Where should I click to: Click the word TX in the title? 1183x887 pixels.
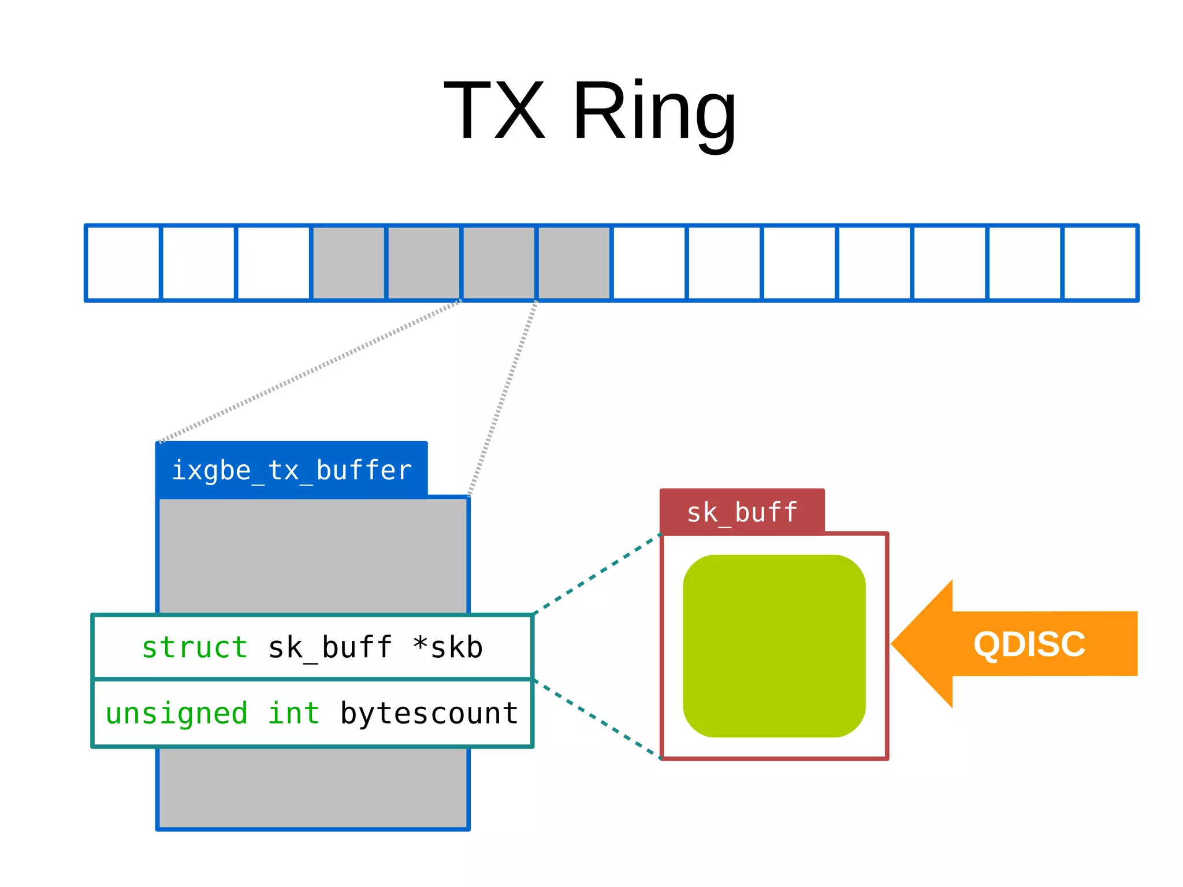click(x=494, y=111)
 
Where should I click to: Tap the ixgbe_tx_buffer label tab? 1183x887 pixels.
click(x=292, y=470)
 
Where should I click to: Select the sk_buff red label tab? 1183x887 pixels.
click(x=742, y=512)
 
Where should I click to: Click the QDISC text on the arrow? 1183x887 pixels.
click(x=1029, y=644)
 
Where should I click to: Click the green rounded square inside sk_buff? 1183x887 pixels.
click(x=774, y=646)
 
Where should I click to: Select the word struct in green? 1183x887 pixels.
click(x=195, y=647)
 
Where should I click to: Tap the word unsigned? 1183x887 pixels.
click(x=176, y=713)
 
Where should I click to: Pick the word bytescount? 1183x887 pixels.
click(x=429, y=713)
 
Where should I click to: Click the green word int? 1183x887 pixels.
click(x=293, y=713)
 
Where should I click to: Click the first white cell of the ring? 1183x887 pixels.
click(x=123, y=263)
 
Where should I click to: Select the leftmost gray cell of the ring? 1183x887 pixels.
click(x=349, y=263)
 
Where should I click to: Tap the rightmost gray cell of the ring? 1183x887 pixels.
click(x=574, y=263)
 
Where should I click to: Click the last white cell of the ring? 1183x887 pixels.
click(x=1100, y=263)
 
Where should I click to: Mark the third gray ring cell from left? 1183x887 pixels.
click(x=499, y=263)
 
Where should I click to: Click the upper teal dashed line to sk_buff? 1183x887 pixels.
click(x=597, y=574)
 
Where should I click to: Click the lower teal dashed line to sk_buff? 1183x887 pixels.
click(x=597, y=718)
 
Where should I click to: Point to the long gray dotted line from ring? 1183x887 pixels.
click(x=310, y=371)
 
